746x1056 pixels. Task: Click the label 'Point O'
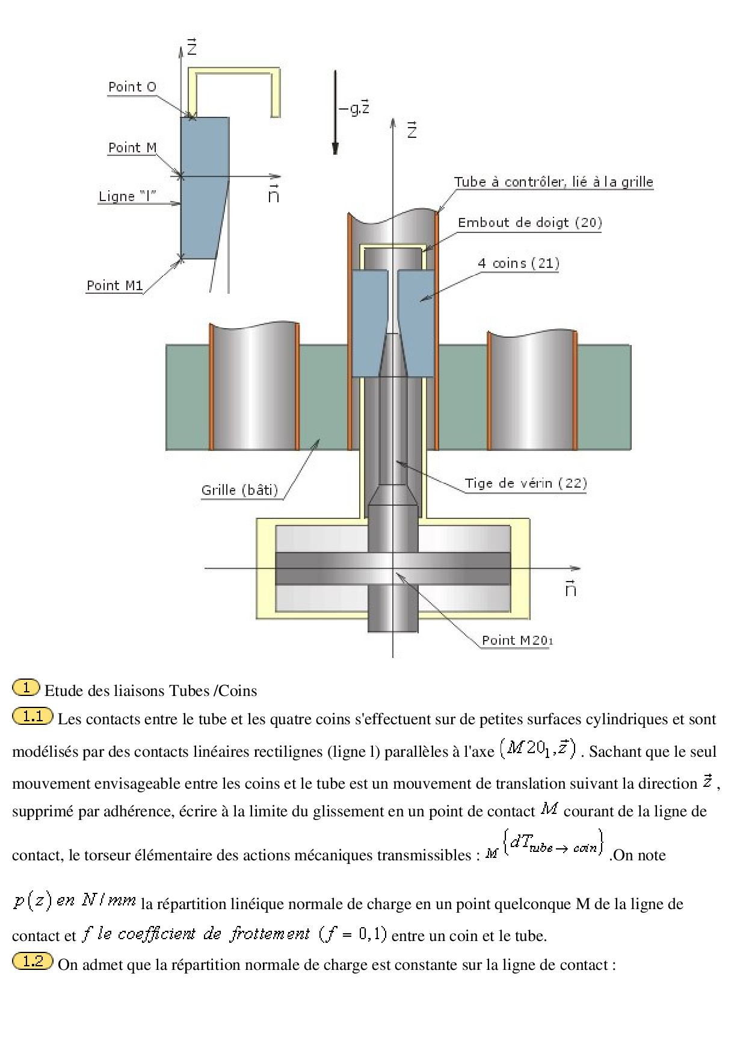(x=132, y=87)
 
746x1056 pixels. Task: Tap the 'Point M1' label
(x=114, y=285)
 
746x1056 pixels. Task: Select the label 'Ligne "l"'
(x=127, y=196)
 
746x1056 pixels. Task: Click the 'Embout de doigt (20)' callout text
(x=529, y=223)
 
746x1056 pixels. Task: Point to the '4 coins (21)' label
(x=519, y=263)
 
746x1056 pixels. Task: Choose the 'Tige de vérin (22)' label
(x=525, y=483)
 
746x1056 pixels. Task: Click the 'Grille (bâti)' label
(x=239, y=490)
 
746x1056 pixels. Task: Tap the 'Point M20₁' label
(x=517, y=641)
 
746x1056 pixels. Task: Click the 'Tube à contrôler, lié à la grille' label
(x=553, y=182)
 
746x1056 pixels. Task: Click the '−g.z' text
(x=354, y=108)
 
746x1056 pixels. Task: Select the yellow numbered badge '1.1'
(x=32, y=716)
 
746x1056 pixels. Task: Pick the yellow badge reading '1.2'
(x=32, y=961)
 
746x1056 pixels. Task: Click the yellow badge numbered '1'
(x=26, y=688)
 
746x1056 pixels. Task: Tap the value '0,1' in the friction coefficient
(x=371, y=934)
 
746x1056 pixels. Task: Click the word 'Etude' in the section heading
(x=63, y=691)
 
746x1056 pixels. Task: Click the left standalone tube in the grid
(x=254, y=388)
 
